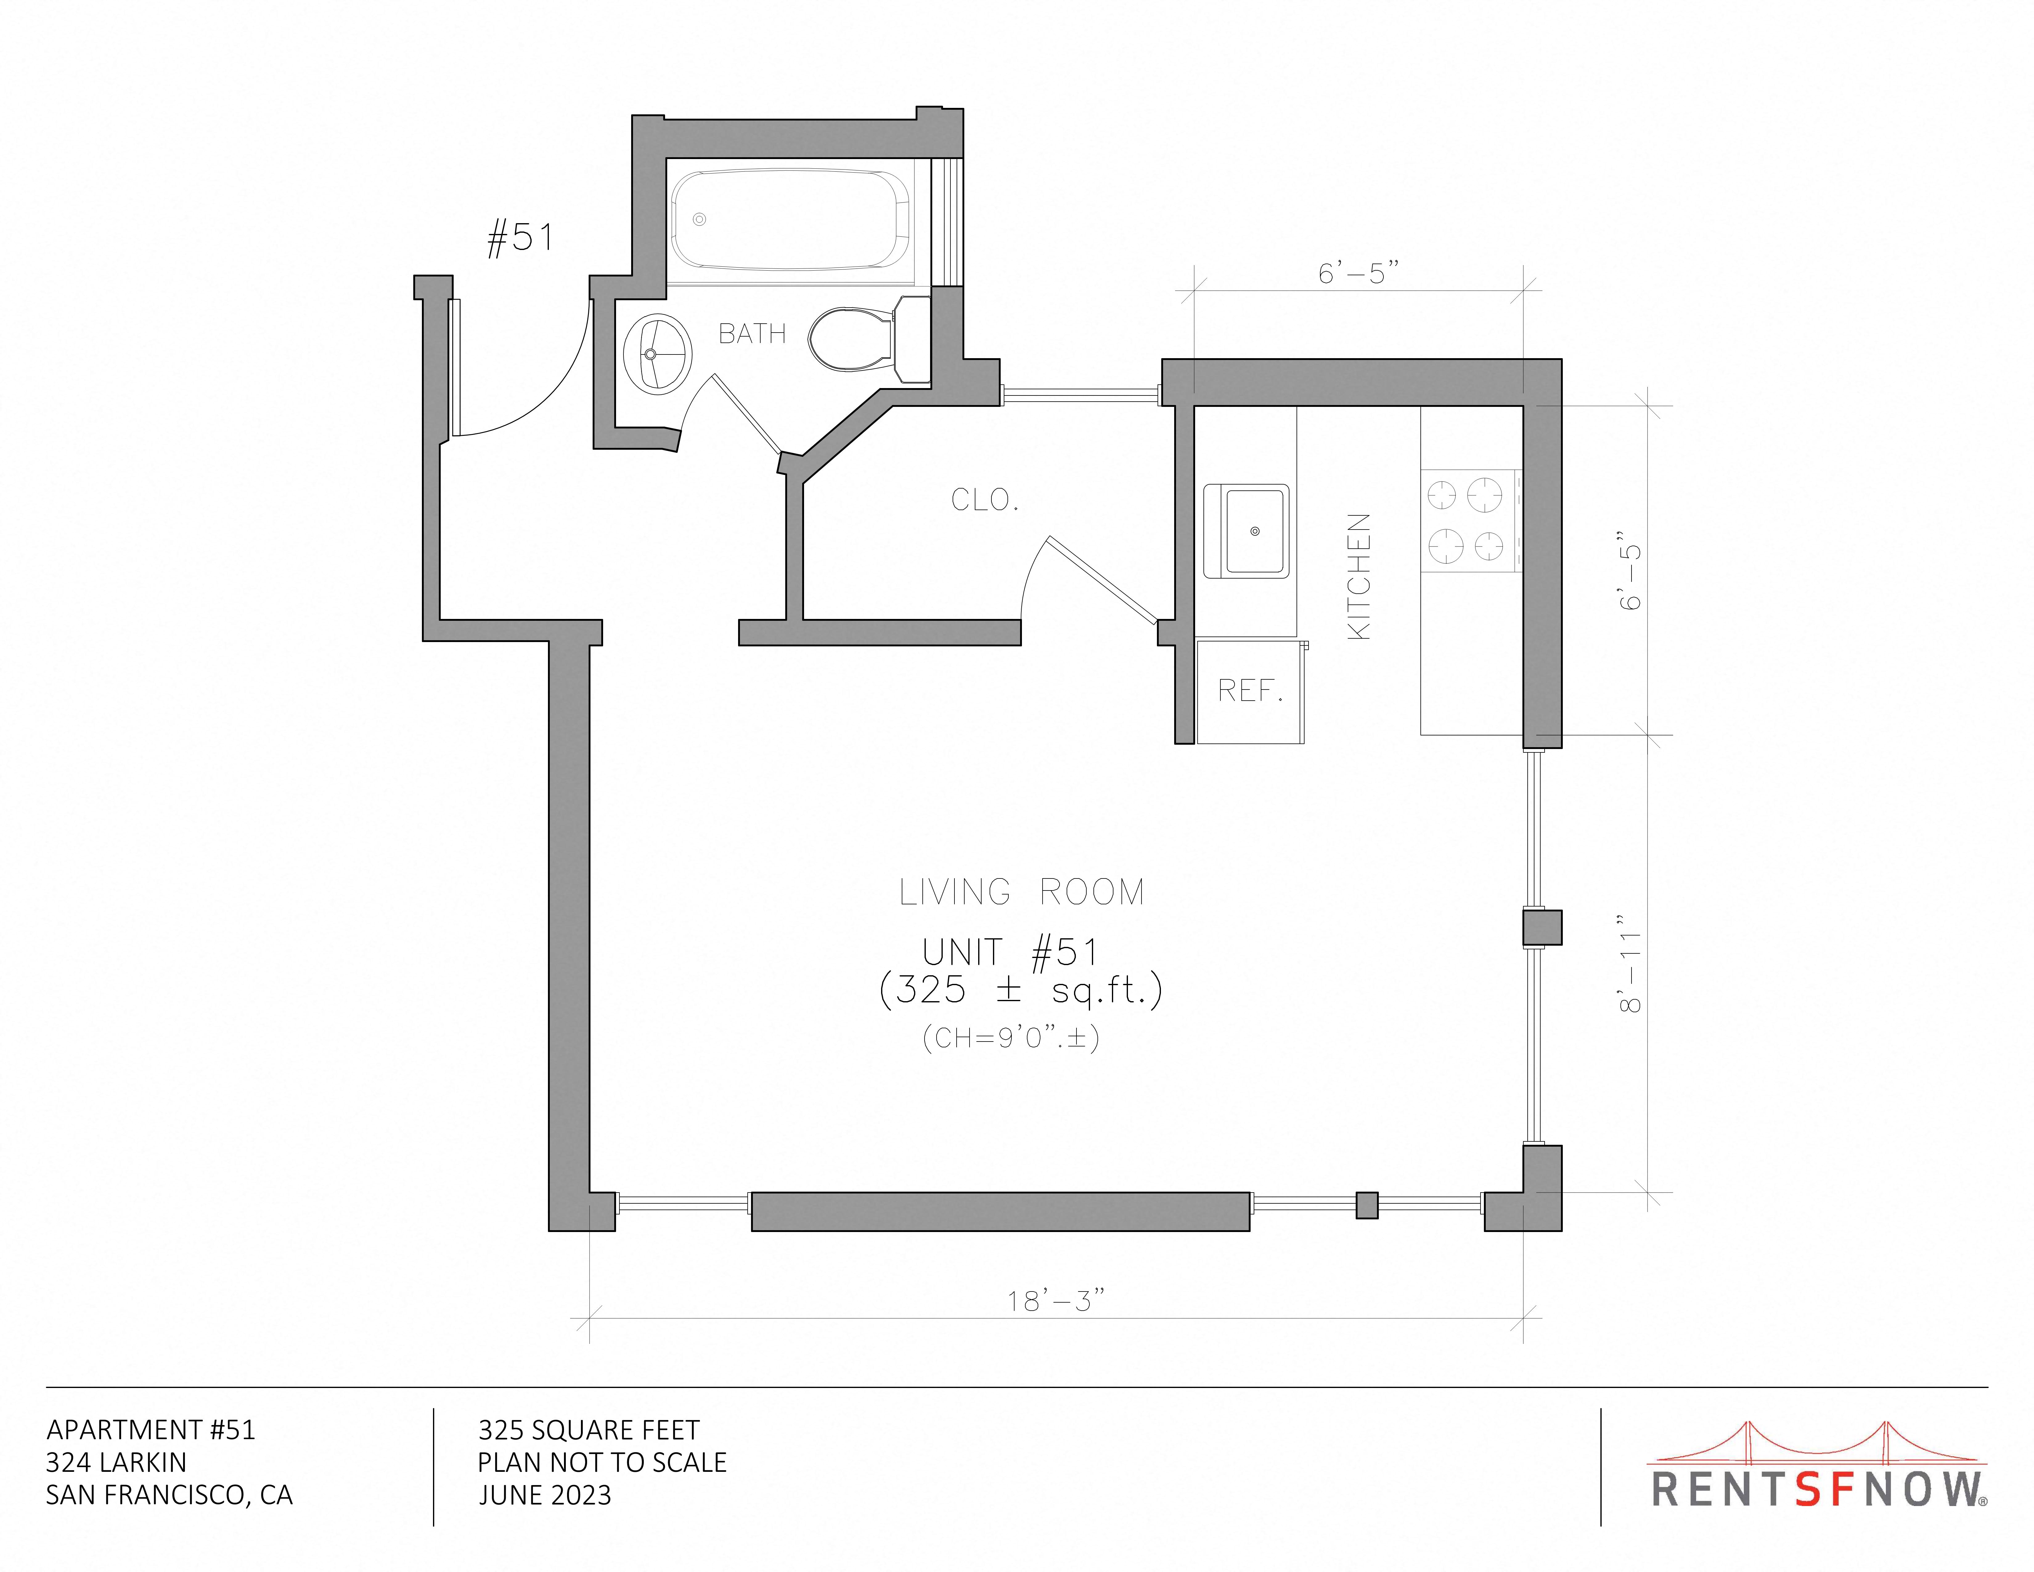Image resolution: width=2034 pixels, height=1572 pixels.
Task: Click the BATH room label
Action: coord(752,334)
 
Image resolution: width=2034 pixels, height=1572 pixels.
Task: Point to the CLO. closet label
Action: coord(984,500)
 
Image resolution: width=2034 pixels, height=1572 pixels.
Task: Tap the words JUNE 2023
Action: coord(545,1496)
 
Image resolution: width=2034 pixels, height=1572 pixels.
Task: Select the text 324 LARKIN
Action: coord(116,1463)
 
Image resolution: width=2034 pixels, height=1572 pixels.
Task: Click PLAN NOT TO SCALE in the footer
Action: coord(602,1463)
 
